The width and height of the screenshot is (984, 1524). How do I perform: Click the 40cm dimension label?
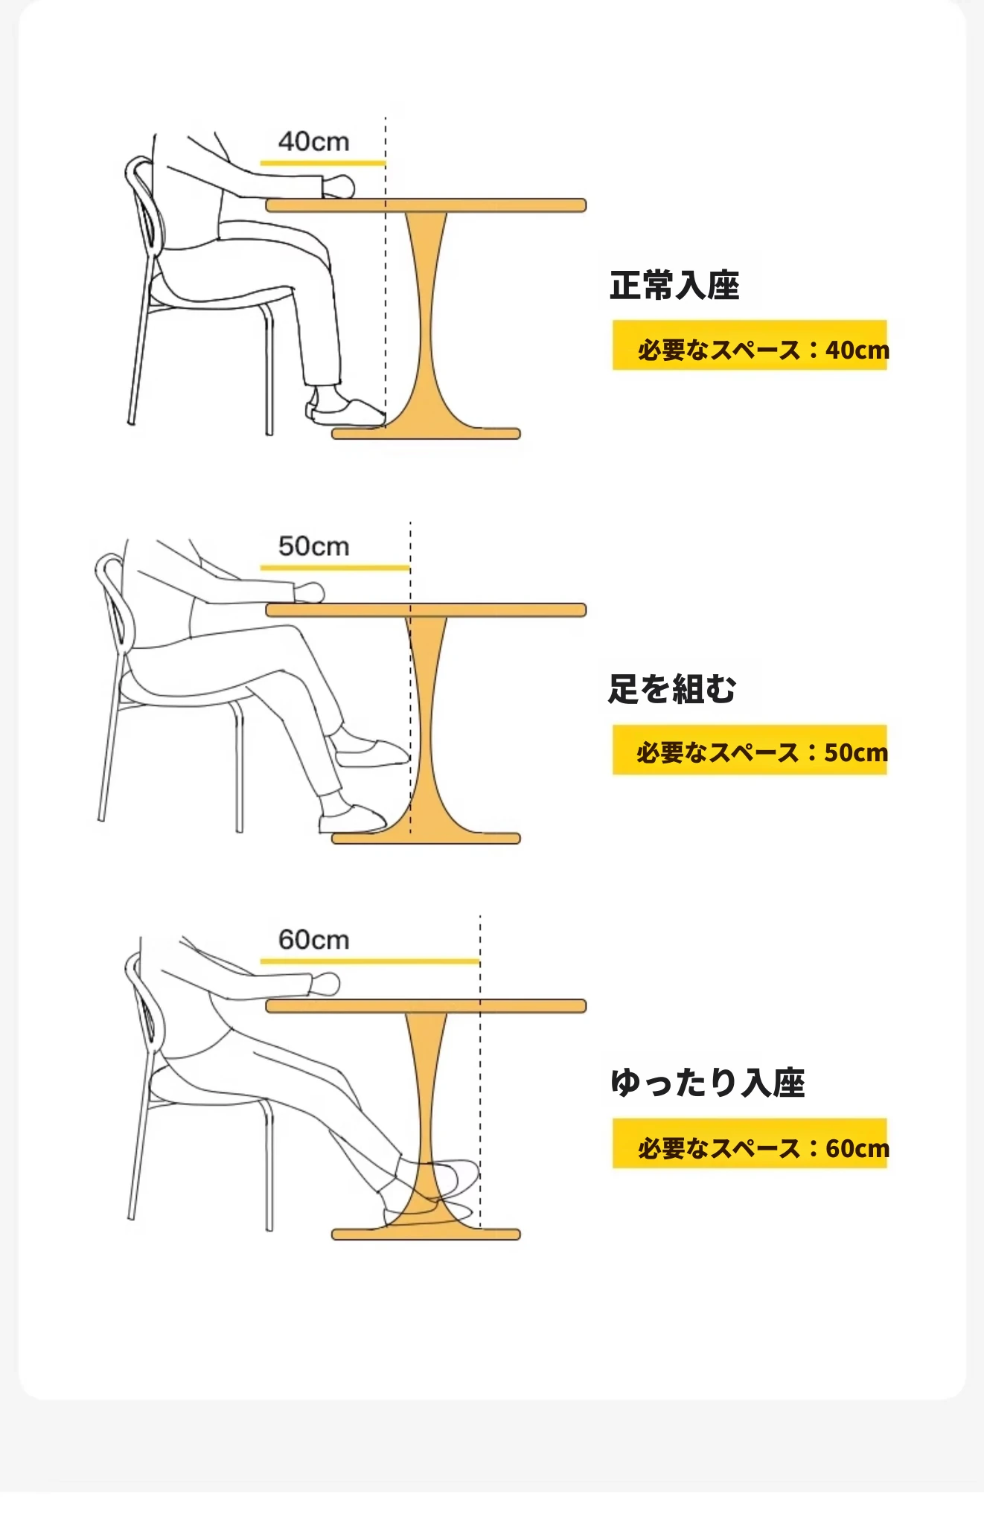(x=313, y=141)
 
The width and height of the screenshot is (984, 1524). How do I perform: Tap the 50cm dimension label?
(x=313, y=546)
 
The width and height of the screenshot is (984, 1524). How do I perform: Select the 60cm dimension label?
(x=313, y=940)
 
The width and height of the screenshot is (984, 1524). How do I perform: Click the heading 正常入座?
(x=674, y=286)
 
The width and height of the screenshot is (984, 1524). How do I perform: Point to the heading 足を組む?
(x=672, y=689)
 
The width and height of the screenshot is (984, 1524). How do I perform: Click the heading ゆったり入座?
(x=708, y=1083)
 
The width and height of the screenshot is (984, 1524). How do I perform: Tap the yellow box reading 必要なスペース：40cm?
(x=750, y=345)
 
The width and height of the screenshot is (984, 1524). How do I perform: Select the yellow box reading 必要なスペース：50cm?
(x=750, y=749)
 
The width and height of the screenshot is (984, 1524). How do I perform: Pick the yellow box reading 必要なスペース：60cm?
(x=750, y=1143)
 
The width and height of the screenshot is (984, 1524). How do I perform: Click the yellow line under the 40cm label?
(x=323, y=163)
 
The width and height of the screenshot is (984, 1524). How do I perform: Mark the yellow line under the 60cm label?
(x=370, y=961)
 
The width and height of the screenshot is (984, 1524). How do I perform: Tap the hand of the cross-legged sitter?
(x=309, y=592)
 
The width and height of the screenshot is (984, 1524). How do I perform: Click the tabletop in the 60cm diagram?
(x=426, y=1006)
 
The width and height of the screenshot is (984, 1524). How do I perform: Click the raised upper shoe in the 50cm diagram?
(x=371, y=752)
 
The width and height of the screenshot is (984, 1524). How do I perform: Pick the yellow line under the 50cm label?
(x=335, y=568)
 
